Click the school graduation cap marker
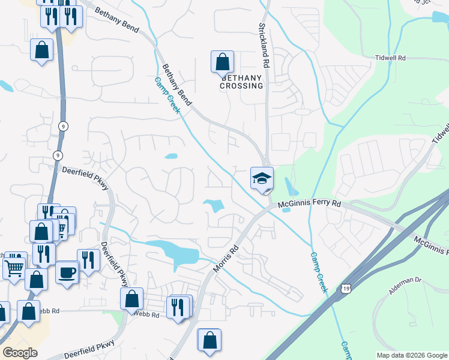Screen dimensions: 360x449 262,178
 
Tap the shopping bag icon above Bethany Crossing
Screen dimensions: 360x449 222,62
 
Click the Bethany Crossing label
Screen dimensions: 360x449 242,82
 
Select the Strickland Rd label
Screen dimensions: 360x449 262,45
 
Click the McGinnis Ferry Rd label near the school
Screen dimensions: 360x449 310,205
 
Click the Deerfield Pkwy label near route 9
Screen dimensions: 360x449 85,179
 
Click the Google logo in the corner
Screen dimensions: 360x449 20,353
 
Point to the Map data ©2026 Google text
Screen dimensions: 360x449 411,355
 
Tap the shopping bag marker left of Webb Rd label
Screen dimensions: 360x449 131,299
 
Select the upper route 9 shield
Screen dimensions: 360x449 62,125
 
